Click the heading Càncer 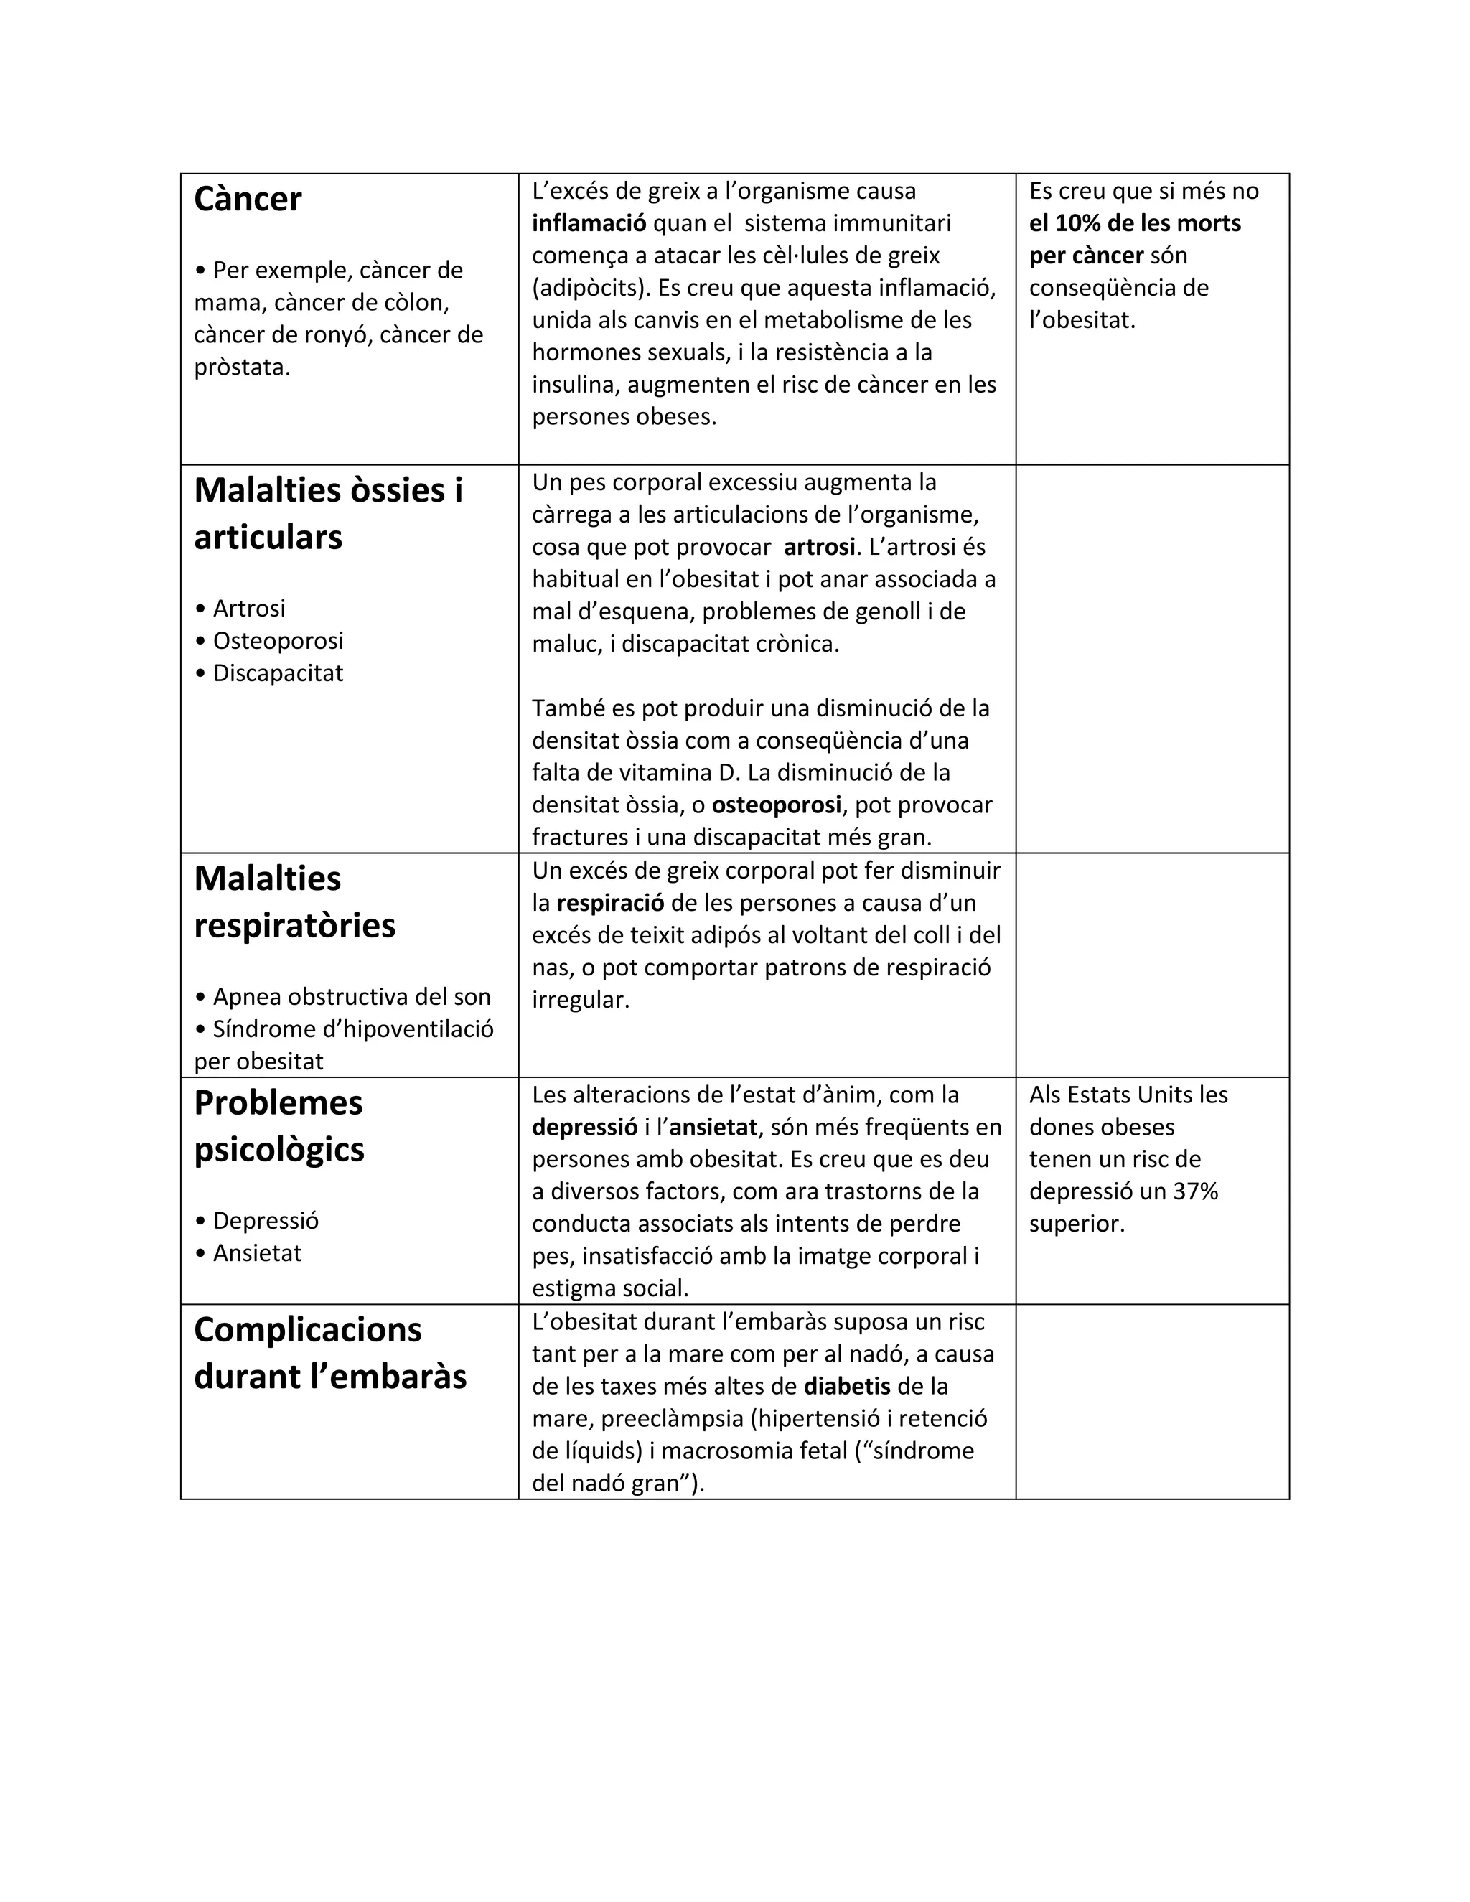(x=248, y=200)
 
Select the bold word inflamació (x=589, y=224)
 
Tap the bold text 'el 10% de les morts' (x=1134, y=224)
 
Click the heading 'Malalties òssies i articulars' (x=327, y=514)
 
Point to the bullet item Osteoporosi (x=278, y=641)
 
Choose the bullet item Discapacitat (x=278, y=673)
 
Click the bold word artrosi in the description (x=818, y=547)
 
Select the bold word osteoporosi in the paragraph (x=776, y=805)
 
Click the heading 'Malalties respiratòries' (x=294, y=901)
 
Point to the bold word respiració (x=609, y=903)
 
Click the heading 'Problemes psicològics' (x=278, y=1125)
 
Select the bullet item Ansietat (x=257, y=1253)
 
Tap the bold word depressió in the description (x=584, y=1127)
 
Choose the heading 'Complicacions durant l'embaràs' (x=329, y=1352)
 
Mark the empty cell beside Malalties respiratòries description (x=1151, y=965)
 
